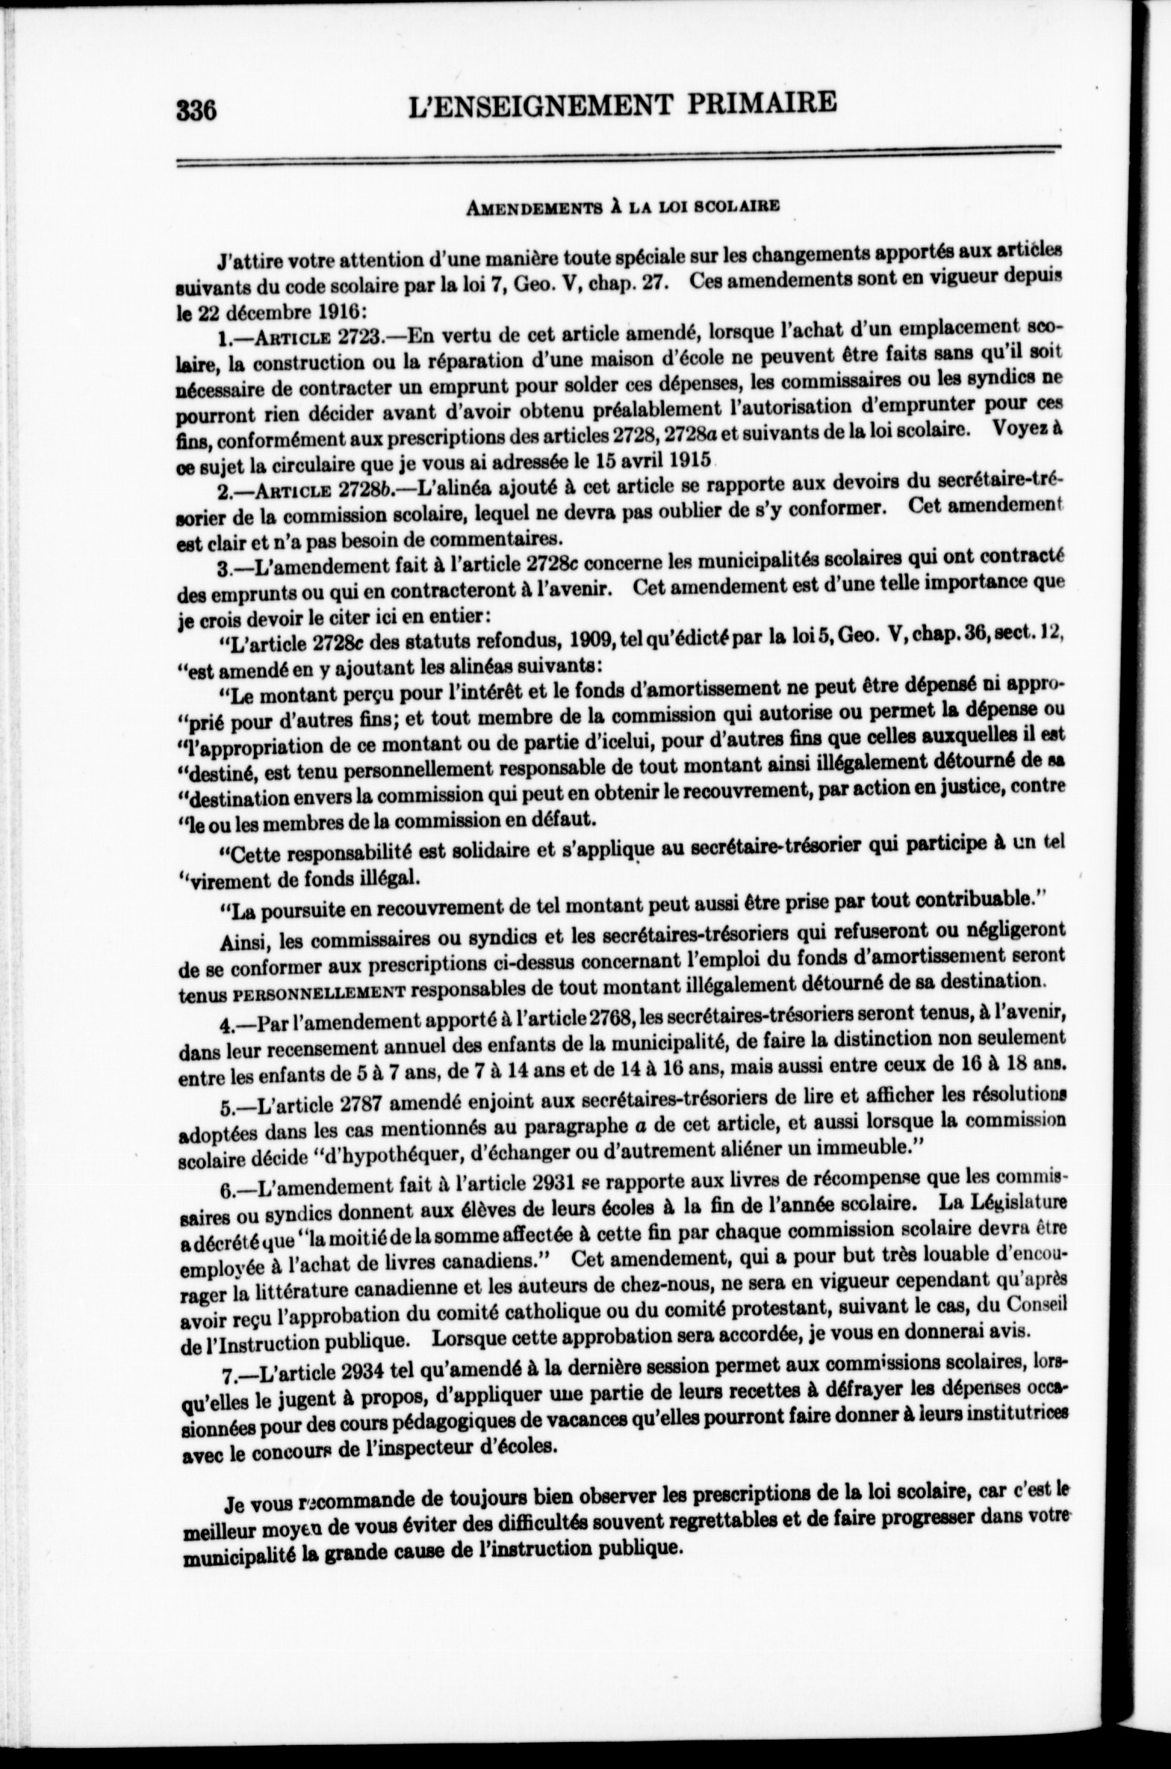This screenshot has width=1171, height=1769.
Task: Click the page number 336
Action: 196,111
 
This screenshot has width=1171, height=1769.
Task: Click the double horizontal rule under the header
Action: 618,155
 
